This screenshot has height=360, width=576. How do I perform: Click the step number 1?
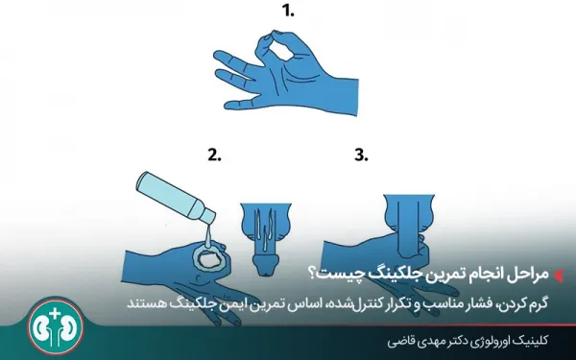[x=286, y=12]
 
